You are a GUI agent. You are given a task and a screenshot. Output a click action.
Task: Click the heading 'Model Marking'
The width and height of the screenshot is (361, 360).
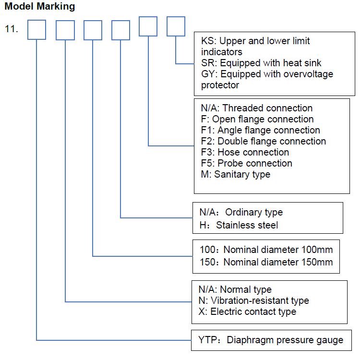[40, 6]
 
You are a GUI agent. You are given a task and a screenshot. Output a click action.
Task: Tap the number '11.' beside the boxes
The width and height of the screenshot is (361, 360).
[12, 29]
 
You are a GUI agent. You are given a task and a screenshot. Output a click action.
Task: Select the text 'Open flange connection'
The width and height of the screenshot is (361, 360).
[263, 120]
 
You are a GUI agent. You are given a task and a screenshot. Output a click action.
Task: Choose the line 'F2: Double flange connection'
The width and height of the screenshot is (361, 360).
[264, 141]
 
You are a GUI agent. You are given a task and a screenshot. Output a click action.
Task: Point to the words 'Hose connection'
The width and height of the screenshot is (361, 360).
[253, 152]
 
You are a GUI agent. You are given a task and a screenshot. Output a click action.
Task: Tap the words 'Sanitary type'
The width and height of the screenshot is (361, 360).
[242, 175]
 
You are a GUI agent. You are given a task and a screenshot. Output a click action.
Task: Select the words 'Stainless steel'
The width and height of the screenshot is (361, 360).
[247, 225]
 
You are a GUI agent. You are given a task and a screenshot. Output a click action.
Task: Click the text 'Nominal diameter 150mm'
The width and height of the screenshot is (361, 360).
[278, 262]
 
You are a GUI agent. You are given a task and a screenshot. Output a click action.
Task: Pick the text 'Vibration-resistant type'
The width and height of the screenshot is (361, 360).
[260, 300]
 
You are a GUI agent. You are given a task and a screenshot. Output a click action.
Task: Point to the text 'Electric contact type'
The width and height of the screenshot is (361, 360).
[253, 312]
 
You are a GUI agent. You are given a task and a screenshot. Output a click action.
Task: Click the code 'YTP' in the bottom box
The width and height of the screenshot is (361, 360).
[207, 340]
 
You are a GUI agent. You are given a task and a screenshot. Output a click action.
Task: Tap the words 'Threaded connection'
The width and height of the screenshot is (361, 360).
[267, 108]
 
